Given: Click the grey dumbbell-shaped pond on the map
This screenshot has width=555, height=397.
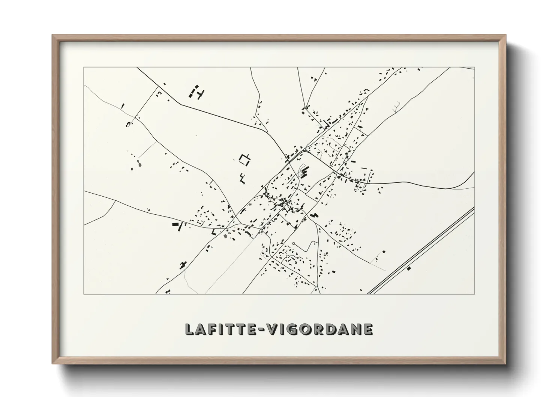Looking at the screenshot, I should click(139, 164).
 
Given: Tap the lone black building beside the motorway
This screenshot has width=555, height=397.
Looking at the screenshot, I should click(409, 268).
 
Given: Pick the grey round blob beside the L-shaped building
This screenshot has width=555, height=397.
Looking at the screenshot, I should click(225, 236).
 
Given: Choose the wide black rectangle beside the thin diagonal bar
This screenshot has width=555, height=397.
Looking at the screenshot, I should click(175, 224).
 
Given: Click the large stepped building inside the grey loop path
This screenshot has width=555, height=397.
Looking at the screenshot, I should click(306, 172).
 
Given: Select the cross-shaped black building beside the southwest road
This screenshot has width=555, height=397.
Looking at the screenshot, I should click(183, 264).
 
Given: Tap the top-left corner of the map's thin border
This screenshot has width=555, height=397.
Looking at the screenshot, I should click(84, 68).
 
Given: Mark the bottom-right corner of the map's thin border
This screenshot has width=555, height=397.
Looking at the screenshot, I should click(475, 294).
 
